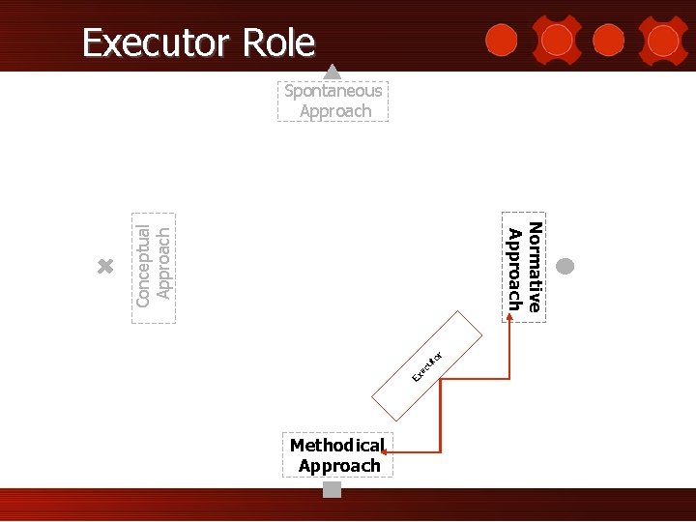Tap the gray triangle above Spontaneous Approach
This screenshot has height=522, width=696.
[x=332, y=71]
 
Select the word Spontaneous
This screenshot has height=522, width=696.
[x=333, y=91]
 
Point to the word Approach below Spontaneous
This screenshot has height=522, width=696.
[x=335, y=111]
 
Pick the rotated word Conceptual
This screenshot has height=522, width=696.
[x=143, y=266]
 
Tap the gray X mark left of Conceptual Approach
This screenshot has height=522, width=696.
[x=106, y=267]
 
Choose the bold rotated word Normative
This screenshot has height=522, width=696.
[x=535, y=266]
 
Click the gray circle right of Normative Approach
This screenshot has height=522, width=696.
[x=566, y=266]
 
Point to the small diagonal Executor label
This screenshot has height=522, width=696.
[x=426, y=365]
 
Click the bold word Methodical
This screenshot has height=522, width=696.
[x=336, y=446]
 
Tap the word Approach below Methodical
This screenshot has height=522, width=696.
[x=339, y=466]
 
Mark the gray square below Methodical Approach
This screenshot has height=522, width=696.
[x=333, y=489]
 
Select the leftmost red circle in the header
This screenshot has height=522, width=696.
[x=500, y=40]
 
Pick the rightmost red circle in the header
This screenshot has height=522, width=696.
[x=663, y=40]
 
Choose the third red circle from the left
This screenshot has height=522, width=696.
[x=608, y=40]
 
